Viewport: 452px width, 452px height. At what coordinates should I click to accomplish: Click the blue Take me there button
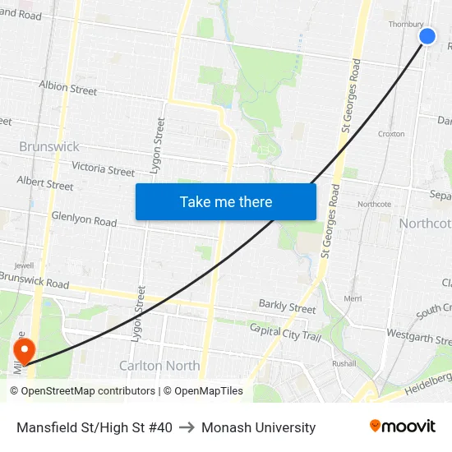point(226,201)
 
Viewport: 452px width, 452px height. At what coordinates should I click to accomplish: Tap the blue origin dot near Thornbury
point(427,36)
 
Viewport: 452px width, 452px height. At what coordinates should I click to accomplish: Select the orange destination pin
point(24,351)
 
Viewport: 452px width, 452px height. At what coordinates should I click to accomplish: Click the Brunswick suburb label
point(49,146)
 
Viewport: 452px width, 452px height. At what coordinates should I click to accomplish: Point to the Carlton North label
point(159,366)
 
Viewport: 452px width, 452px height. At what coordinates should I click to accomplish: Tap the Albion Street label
point(67,88)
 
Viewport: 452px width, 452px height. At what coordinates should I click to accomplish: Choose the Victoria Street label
point(103,168)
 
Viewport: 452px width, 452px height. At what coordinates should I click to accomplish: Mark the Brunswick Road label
point(35,279)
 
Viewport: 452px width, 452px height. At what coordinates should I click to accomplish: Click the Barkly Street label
point(287,307)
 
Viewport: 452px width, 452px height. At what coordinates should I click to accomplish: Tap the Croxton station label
point(390,133)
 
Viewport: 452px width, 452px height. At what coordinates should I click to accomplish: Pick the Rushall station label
point(344,362)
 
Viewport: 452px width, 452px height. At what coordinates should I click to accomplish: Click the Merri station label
point(353,298)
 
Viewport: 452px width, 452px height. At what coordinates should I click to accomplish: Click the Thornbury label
point(405,25)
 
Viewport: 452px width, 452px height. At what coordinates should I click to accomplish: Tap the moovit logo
point(402,427)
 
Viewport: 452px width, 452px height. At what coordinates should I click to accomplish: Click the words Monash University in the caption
point(258,427)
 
